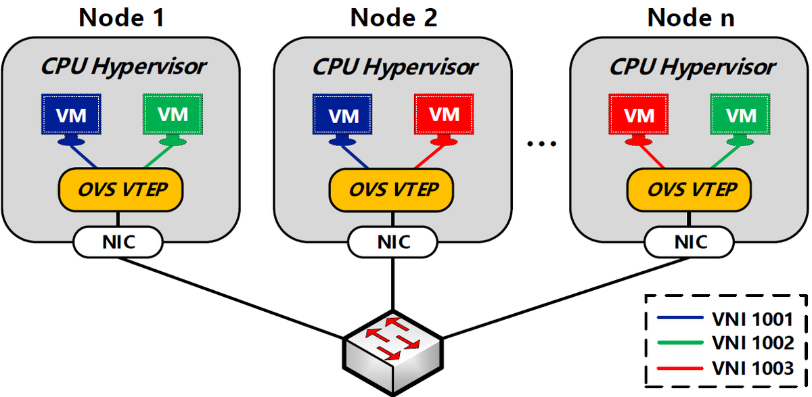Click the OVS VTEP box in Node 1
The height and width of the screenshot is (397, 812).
[x=122, y=189]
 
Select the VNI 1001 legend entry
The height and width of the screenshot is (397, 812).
[x=726, y=319]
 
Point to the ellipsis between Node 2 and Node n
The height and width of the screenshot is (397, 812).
[x=541, y=143]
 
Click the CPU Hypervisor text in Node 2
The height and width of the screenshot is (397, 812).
[x=394, y=67]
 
